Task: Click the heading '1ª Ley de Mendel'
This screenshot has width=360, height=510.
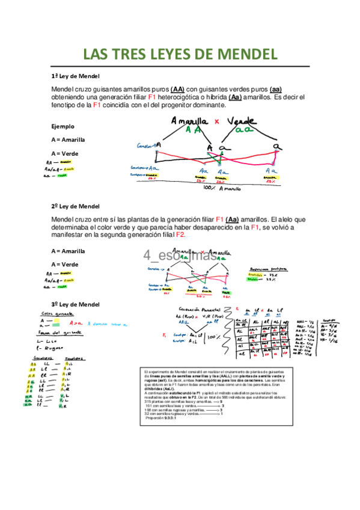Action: point(75,76)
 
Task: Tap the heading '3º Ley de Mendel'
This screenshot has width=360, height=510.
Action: point(75,304)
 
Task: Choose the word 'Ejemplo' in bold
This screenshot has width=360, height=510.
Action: point(63,126)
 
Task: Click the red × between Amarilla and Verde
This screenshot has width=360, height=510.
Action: point(216,121)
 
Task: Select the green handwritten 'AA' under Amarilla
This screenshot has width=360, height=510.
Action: point(194,130)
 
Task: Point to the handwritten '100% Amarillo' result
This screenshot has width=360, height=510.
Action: point(221,188)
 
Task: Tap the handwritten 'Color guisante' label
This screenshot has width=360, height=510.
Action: point(56,314)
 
